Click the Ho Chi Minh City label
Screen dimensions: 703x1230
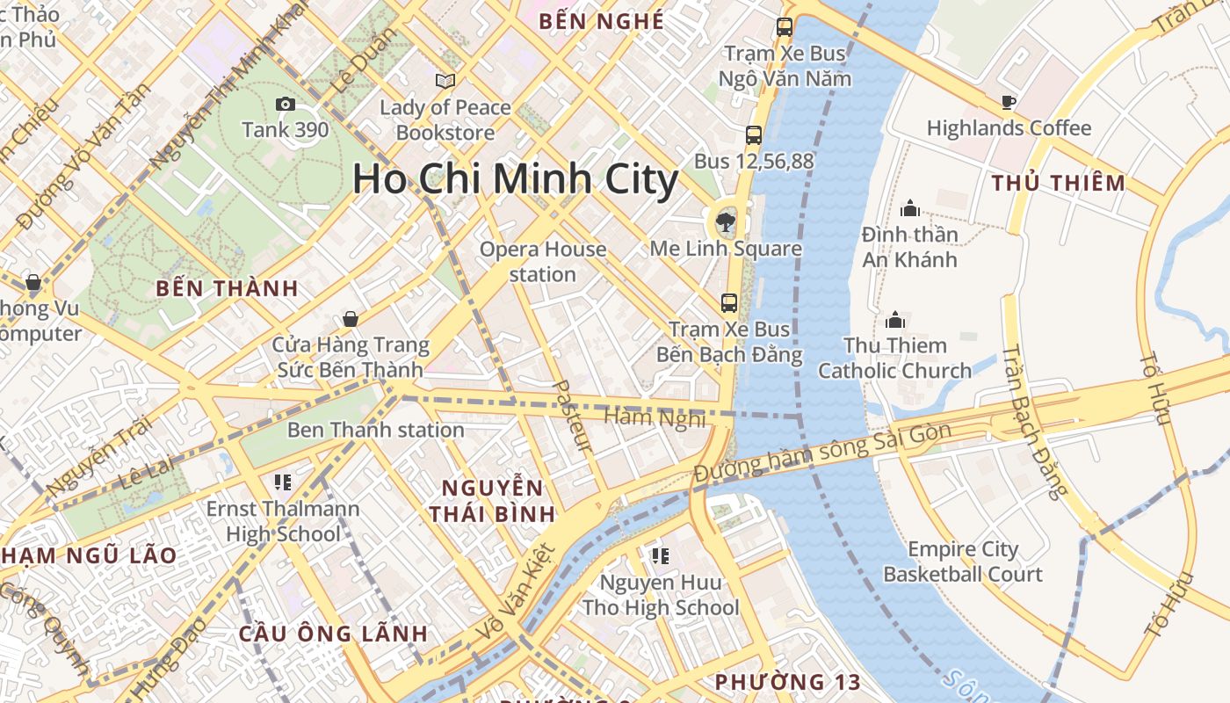click(x=515, y=179)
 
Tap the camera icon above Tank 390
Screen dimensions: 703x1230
click(x=285, y=104)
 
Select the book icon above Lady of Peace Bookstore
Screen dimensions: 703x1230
click(x=445, y=81)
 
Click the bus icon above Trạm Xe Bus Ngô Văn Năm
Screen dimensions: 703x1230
click(x=785, y=27)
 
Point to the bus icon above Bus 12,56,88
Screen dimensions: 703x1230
click(x=753, y=135)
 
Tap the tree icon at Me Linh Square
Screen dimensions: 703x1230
click(x=726, y=222)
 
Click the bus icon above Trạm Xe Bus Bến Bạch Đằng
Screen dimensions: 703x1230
click(x=728, y=303)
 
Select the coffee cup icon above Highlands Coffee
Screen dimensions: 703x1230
click(x=1009, y=103)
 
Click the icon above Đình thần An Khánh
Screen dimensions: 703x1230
click(x=909, y=209)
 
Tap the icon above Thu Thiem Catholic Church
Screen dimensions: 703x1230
click(x=895, y=320)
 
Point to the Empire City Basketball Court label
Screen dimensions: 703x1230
click(x=963, y=562)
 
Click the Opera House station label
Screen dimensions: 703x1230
click(x=543, y=262)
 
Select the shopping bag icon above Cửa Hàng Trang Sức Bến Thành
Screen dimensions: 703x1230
click(x=351, y=319)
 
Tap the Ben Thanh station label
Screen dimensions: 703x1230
click(x=376, y=430)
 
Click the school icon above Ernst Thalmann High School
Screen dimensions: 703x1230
click(x=283, y=482)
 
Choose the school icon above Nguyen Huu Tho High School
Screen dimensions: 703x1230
click(x=660, y=555)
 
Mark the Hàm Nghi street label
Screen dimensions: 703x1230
click(x=655, y=418)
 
